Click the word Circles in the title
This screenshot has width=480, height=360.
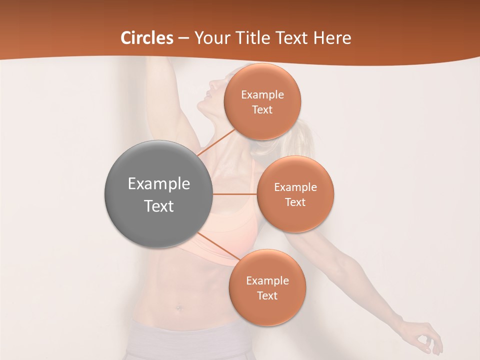(x=147, y=37)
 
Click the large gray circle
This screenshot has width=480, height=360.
(x=158, y=194)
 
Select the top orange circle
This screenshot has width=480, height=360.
(x=262, y=101)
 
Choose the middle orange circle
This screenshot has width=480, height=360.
(x=295, y=194)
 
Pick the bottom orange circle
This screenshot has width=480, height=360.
(x=267, y=287)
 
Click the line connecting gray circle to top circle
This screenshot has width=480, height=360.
(x=216, y=141)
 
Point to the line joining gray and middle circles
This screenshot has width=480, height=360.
(x=235, y=194)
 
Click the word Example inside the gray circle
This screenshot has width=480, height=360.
(x=159, y=183)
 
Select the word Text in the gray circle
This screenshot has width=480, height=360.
(x=159, y=205)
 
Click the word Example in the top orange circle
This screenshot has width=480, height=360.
(x=262, y=95)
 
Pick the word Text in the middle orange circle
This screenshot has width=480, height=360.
(x=295, y=202)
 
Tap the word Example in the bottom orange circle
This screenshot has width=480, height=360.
(x=267, y=280)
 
